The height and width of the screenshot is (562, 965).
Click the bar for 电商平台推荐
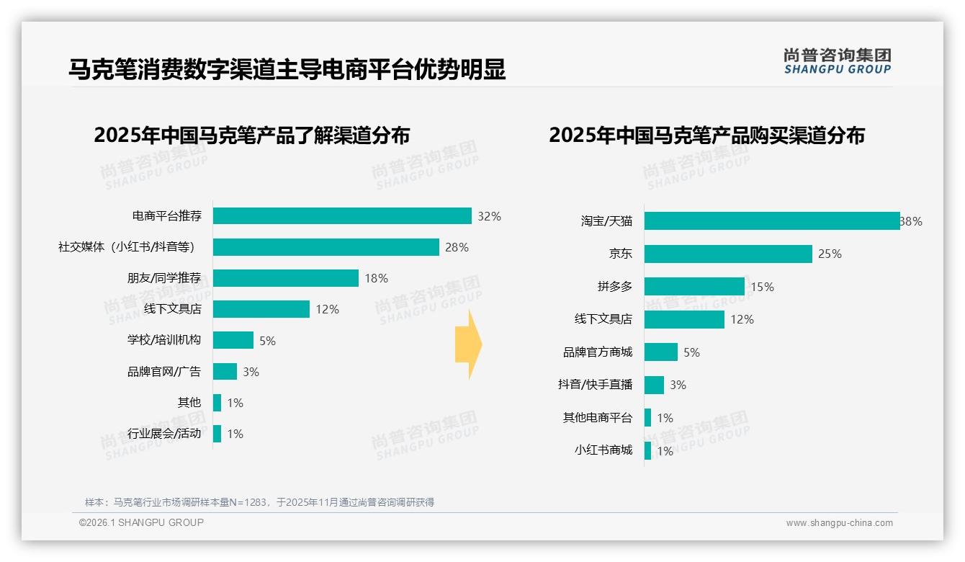coord(342,216)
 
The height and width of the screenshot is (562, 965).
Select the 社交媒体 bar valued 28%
coord(326,247)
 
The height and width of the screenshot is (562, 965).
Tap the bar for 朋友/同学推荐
coord(285,278)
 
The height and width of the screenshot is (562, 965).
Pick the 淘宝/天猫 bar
coord(771,221)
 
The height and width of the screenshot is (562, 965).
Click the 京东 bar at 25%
coord(728,254)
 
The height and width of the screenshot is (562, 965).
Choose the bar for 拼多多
coord(694,287)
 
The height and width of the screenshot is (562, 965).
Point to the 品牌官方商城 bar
coord(660,352)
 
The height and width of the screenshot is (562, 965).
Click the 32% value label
coord(489,216)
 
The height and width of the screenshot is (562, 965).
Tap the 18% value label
coord(376,278)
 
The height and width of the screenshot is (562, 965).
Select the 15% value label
coord(762,287)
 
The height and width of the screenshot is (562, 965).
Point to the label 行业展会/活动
coord(164,434)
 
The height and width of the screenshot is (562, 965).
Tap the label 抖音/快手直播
coord(595,385)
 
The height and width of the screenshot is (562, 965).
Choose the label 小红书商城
coord(603,450)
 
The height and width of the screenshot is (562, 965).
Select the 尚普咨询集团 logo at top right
coord(837,61)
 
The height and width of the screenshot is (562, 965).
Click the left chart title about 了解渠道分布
coord(251,135)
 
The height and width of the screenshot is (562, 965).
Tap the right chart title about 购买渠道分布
coord(706,135)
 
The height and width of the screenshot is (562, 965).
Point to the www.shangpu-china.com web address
coord(839,523)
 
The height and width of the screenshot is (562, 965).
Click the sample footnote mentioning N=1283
coord(259,502)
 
